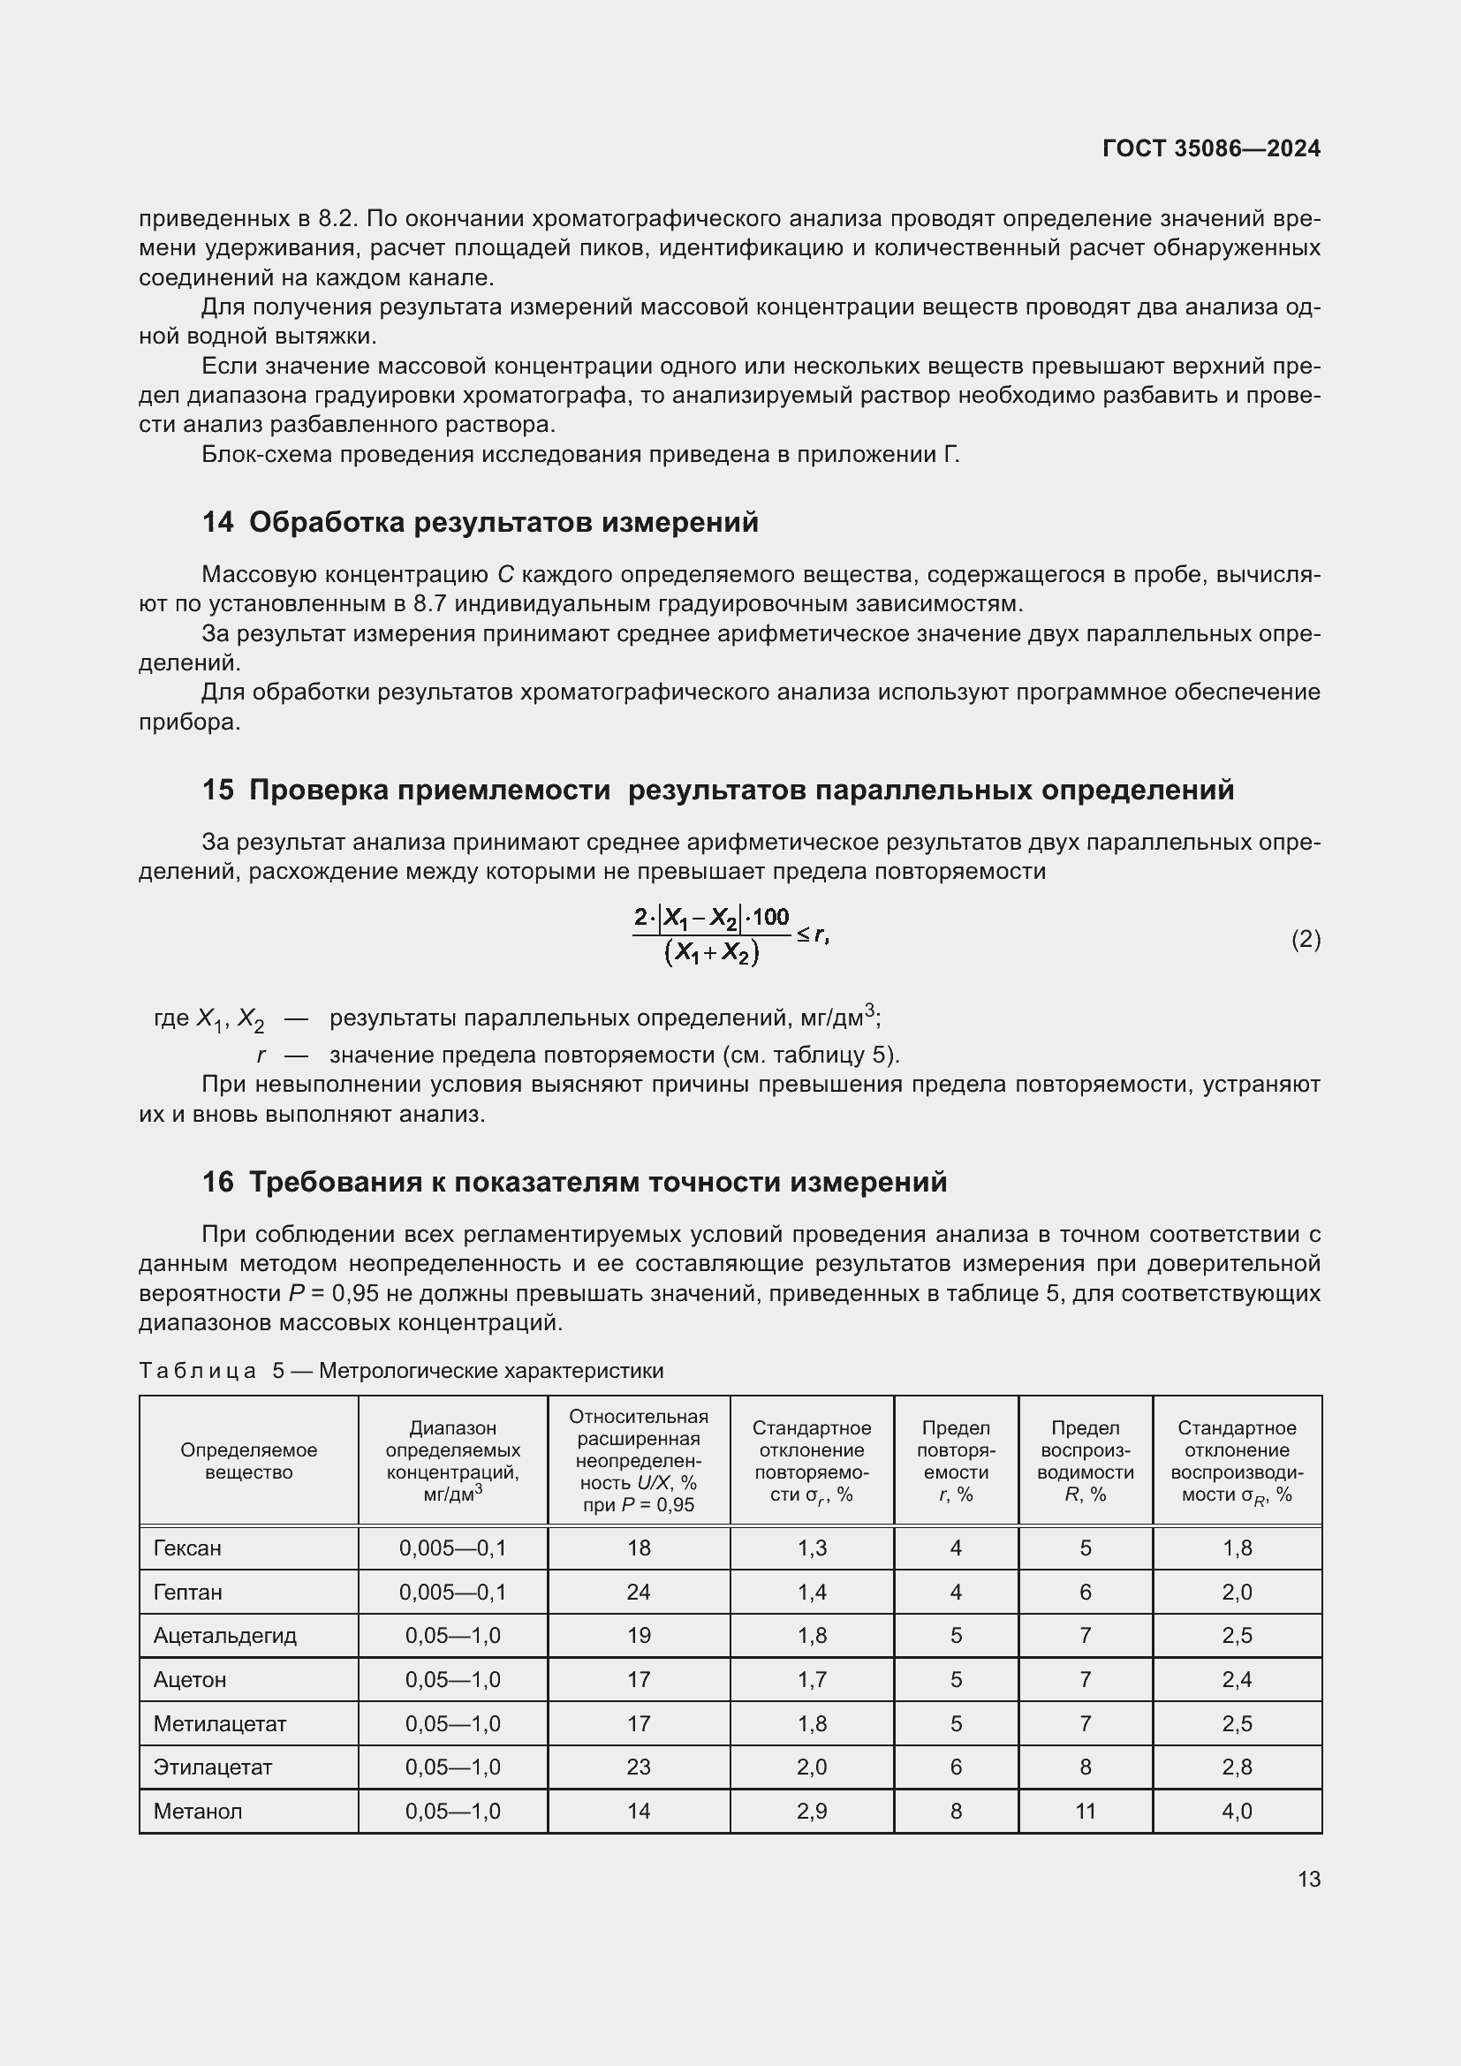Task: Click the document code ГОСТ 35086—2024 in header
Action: coord(1211,148)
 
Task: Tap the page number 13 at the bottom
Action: coord(1309,1879)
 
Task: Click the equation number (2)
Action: coord(1306,940)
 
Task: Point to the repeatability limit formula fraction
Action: coord(712,936)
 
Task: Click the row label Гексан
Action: coord(187,1548)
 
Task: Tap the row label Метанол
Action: coord(198,1811)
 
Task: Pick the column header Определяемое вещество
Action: coord(248,1460)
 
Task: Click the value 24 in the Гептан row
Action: coord(638,1592)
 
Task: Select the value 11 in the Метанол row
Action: coord(1085,1811)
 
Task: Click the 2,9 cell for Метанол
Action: coord(812,1811)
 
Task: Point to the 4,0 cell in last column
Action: coord(1236,1811)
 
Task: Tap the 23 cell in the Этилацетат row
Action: coord(638,1767)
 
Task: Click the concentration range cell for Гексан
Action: coord(452,1548)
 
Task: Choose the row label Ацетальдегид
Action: coord(225,1635)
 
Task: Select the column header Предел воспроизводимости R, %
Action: coord(1085,1460)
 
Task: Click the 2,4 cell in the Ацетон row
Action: coord(1236,1679)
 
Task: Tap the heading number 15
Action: coord(217,790)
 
